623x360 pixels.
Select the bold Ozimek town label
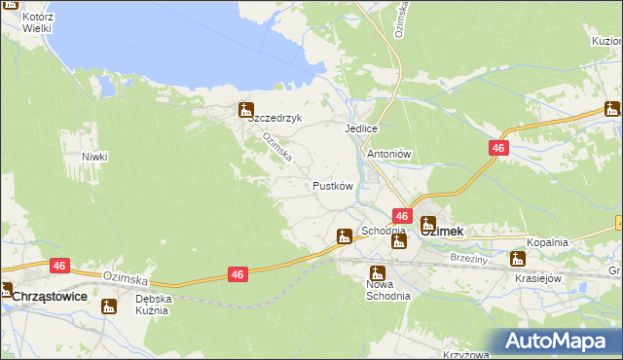[x=440, y=232]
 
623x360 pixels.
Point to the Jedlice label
[x=360, y=128]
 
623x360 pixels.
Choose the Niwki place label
[x=94, y=157]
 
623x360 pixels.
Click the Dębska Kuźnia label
[x=153, y=306]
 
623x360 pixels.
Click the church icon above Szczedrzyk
[x=246, y=111]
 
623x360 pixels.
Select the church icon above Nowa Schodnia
[x=376, y=273]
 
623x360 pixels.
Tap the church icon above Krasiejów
[x=518, y=259]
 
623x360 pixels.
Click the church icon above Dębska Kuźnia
[x=109, y=306]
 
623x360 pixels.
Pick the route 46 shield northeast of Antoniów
[x=497, y=147]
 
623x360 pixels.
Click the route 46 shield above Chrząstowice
[x=59, y=265]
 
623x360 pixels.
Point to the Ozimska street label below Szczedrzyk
[x=275, y=149]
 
